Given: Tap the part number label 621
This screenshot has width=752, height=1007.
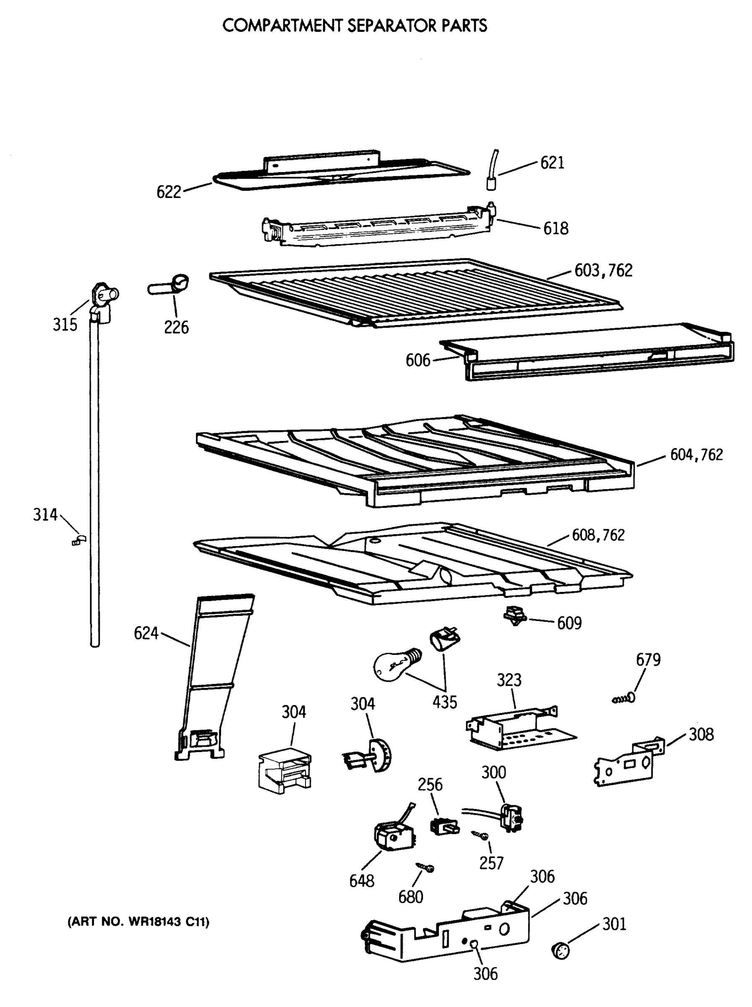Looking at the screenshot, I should coord(552,163).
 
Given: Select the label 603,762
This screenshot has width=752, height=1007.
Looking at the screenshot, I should coord(603,270).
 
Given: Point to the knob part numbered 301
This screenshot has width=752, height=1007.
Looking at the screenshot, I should coord(560,951).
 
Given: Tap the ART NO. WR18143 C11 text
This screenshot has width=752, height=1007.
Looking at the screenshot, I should coord(138,922).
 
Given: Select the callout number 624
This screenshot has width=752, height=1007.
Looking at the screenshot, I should coord(146,633).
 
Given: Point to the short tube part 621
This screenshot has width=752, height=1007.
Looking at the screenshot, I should coord(492,172).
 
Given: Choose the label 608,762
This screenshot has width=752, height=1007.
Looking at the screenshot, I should coord(598,535).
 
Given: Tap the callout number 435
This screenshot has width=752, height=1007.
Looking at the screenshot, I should coord(444,702).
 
